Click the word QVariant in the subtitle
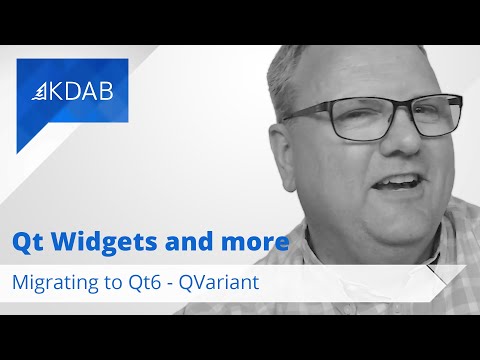(x=218, y=282)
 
